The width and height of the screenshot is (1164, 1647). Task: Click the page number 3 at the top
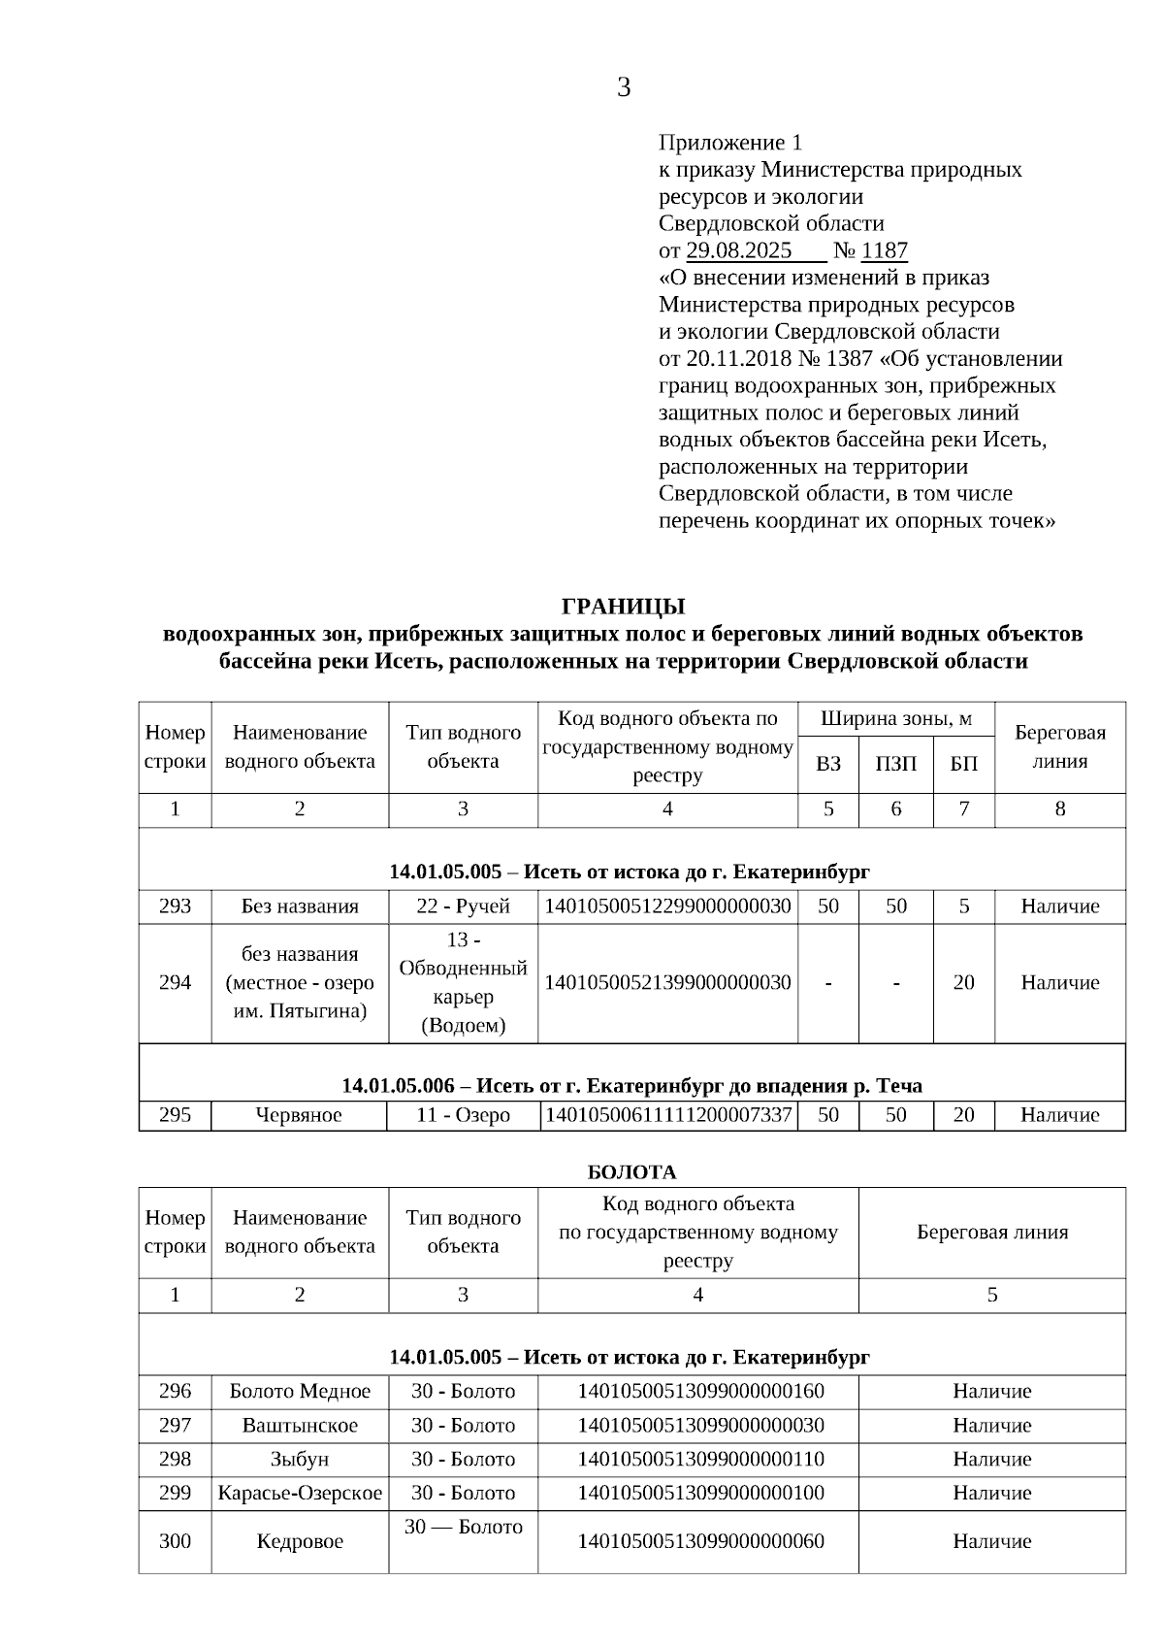tap(624, 88)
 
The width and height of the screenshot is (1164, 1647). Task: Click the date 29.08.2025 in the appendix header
tap(739, 250)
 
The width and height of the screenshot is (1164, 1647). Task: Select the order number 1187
tap(884, 250)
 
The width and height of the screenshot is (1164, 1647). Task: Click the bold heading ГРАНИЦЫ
tap(623, 607)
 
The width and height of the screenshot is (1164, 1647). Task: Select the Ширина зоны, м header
tap(895, 719)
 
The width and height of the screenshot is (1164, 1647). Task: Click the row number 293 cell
tap(175, 906)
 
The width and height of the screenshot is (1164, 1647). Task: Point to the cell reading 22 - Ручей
tap(463, 906)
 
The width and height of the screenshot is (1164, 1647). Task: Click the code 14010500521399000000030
tap(667, 982)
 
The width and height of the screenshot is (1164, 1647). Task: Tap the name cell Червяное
tap(299, 1115)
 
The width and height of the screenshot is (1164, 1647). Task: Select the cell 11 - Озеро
tap(463, 1115)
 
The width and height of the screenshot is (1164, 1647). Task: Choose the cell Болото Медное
tap(300, 1392)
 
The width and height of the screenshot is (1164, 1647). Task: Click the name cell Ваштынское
tap(300, 1426)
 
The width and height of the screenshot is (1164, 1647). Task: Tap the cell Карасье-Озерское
tap(300, 1494)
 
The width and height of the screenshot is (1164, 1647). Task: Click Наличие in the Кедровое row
tap(991, 1541)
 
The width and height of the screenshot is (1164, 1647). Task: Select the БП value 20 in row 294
tap(963, 982)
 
